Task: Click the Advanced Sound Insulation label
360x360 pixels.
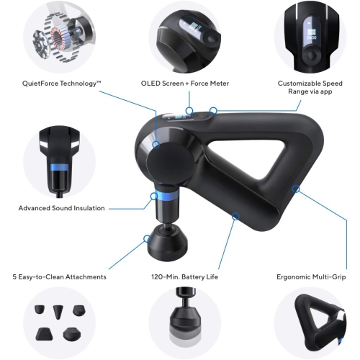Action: click(61, 208)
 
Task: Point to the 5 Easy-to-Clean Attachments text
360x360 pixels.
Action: click(59, 276)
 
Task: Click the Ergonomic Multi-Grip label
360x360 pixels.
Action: click(310, 276)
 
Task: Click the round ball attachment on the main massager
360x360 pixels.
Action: click(168, 244)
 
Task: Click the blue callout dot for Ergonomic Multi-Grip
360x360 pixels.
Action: click(294, 189)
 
